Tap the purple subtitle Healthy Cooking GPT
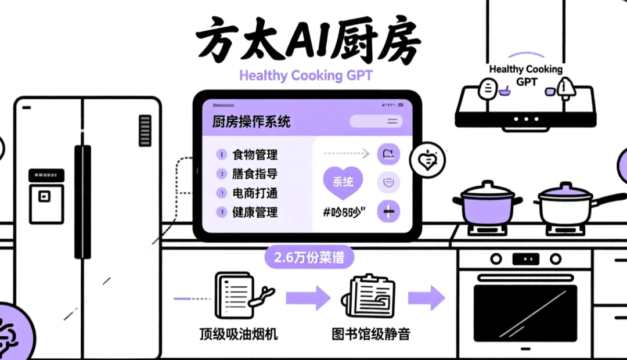[306, 75]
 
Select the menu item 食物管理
[255, 154]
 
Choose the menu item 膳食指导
[255, 174]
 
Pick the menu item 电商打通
[255, 193]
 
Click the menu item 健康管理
[255, 212]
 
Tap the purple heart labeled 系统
[343, 182]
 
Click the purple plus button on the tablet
[388, 211]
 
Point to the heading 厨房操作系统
[251, 122]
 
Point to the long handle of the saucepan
[609, 199]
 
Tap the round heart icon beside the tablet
[427, 160]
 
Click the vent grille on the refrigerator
[145, 131]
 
